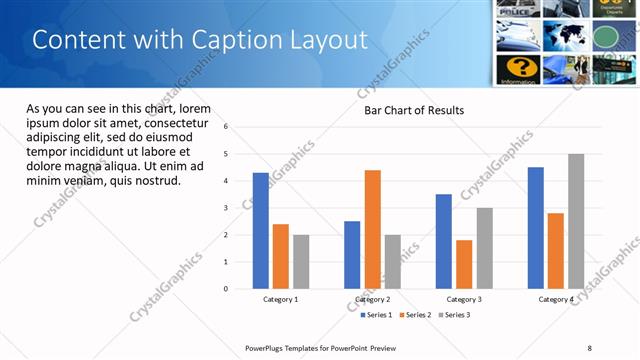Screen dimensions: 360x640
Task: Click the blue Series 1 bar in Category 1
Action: [x=261, y=231]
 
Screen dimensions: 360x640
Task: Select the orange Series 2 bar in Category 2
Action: [x=372, y=229]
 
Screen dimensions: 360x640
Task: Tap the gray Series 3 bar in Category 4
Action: [x=576, y=221]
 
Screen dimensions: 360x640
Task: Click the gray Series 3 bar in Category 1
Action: [x=301, y=262]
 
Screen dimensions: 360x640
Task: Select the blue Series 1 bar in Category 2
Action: [x=352, y=255]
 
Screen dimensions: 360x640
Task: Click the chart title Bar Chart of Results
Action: [x=413, y=110]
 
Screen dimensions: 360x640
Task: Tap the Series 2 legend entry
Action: [x=415, y=315]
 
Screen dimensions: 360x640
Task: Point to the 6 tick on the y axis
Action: [x=226, y=127]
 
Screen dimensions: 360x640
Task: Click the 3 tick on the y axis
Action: [x=226, y=208]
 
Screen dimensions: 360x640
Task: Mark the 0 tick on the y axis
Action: [x=226, y=289]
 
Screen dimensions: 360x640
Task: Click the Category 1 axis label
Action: [x=281, y=299]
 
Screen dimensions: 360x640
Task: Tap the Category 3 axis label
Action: [x=464, y=299]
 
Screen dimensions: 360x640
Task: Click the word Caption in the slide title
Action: [x=212, y=40]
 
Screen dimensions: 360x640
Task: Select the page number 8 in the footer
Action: [x=590, y=347]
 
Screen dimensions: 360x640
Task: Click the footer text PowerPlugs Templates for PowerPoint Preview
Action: [x=321, y=347]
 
